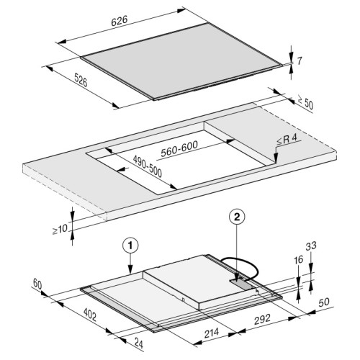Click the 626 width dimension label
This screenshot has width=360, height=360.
pyautogui.click(x=120, y=21)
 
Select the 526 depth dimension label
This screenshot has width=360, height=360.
pyautogui.click(x=81, y=80)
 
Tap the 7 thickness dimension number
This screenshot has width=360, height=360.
pyautogui.click(x=299, y=61)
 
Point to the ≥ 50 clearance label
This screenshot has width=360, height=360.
pyautogui.click(x=305, y=102)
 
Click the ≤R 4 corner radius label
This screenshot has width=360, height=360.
pyautogui.click(x=287, y=140)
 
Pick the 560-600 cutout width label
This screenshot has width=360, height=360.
pyautogui.click(x=179, y=149)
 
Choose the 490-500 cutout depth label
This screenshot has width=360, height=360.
pyautogui.click(x=148, y=166)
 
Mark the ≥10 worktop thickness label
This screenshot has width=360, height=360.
pyautogui.click(x=60, y=229)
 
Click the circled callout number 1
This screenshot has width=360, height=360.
pyautogui.click(x=130, y=246)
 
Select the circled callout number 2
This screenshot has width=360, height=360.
pyautogui.click(x=237, y=217)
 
